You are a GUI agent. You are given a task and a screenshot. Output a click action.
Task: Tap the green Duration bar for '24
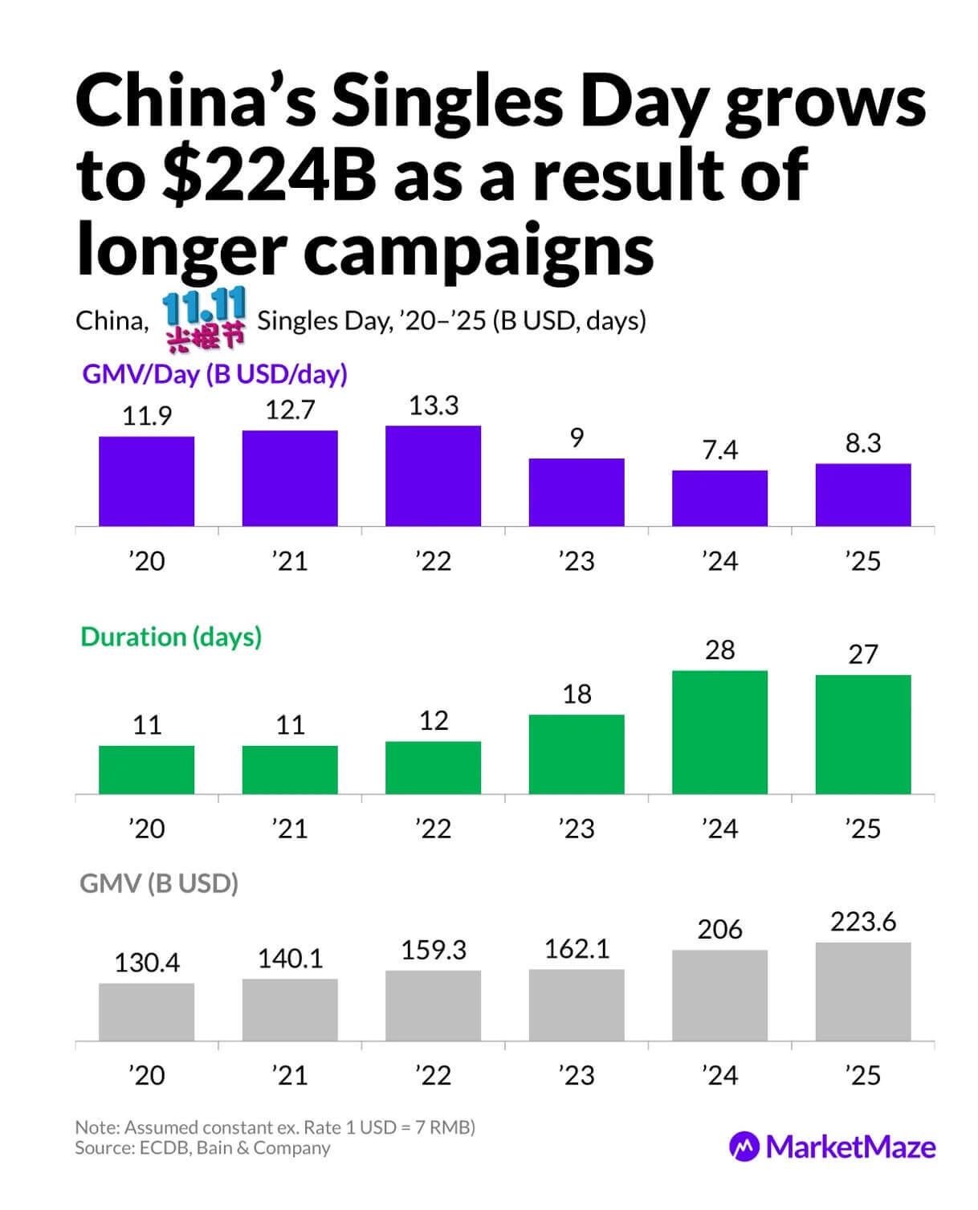click(719, 731)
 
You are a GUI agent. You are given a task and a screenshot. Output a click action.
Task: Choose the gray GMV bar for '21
click(290, 1009)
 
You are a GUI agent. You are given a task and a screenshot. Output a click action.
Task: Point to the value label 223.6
click(863, 921)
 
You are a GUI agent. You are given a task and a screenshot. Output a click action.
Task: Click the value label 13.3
click(434, 405)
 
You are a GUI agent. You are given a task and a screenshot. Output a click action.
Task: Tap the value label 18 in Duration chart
click(577, 694)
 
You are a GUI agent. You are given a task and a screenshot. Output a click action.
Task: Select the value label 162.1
click(577, 949)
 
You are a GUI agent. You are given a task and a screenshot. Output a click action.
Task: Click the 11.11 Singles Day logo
click(204, 320)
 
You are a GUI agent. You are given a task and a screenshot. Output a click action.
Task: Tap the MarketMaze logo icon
click(744, 1146)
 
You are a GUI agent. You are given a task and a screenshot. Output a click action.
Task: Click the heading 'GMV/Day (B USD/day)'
click(215, 374)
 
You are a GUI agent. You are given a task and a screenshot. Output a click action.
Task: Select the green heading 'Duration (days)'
click(171, 637)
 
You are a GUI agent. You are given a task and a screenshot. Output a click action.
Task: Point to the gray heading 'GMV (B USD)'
click(159, 883)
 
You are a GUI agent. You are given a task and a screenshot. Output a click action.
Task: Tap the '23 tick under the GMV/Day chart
click(577, 560)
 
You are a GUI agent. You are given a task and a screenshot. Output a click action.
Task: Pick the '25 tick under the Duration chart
click(863, 828)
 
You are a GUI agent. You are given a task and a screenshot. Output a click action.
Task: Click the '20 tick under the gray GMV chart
click(146, 1074)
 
